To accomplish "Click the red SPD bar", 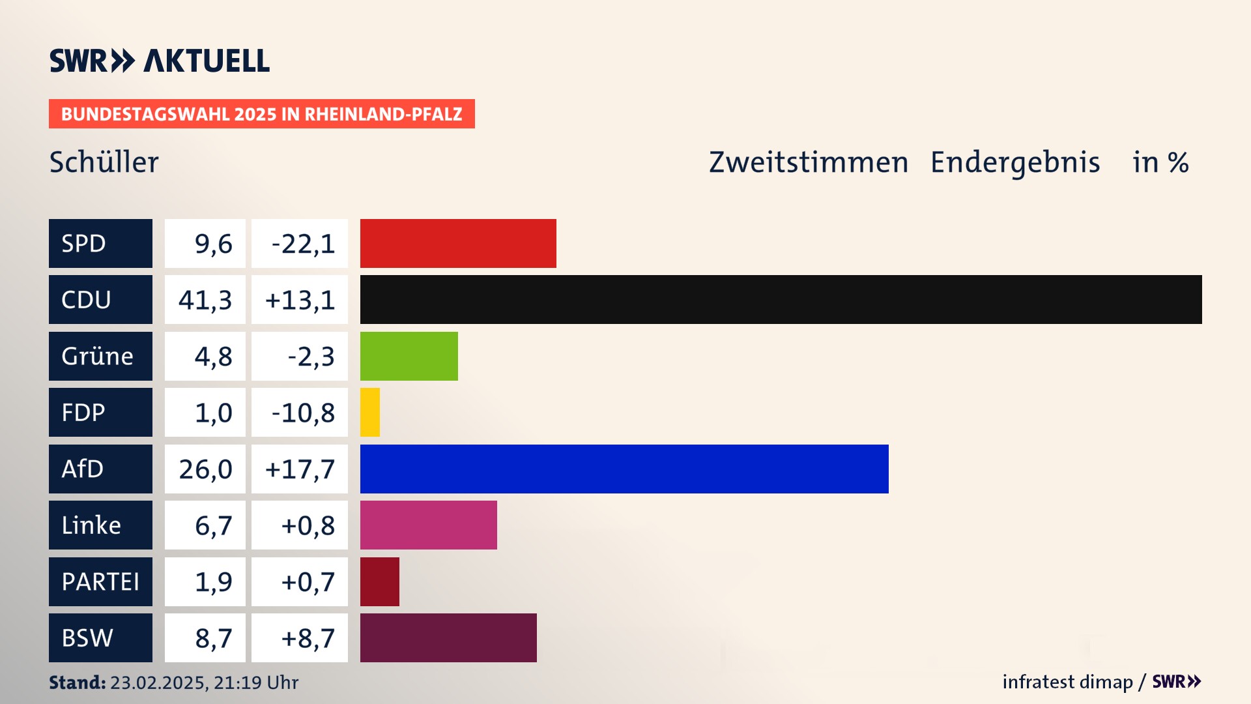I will (x=458, y=243).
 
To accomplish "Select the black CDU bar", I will (x=781, y=300).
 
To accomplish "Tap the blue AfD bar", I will (x=624, y=469).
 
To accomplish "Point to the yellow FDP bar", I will (x=370, y=412).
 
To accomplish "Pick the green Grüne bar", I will (x=409, y=356).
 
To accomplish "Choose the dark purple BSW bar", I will (x=448, y=638).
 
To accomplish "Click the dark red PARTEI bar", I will (x=380, y=581).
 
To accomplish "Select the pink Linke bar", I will (x=429, y=525).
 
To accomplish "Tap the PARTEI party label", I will (x=100, y=581).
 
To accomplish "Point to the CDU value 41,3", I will (x=205, y=300).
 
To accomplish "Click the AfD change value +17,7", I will (x=300, y=469).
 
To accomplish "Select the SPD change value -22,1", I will (x=303, y=243).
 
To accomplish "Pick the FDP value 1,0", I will (x=213, y=412).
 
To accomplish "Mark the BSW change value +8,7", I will (x=308, y=638).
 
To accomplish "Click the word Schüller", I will (x=104, y=162).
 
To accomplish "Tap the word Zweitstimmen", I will (x=809, y=162).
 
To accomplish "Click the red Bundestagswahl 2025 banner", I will (x=261, y=114).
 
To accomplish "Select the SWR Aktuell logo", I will (x=160, y=61).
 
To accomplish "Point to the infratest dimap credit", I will (x=1067, y=682).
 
